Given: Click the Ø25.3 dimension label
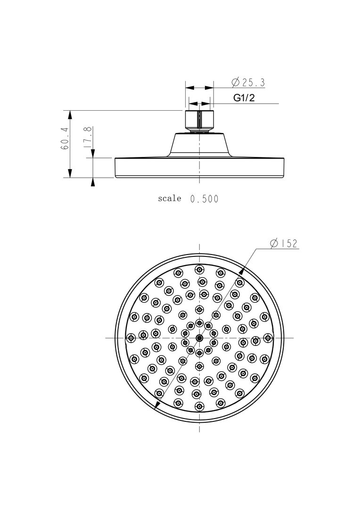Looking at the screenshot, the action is [248, 82].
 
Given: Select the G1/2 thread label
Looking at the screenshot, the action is [244, 98].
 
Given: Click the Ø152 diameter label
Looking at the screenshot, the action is [284, 244].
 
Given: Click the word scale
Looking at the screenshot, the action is [170, 198].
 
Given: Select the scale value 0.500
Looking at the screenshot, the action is [204, 199].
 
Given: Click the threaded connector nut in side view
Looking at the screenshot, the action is [199, 121].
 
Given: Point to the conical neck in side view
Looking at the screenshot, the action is [199, 145].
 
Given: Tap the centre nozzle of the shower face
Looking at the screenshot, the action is [199, 338].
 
